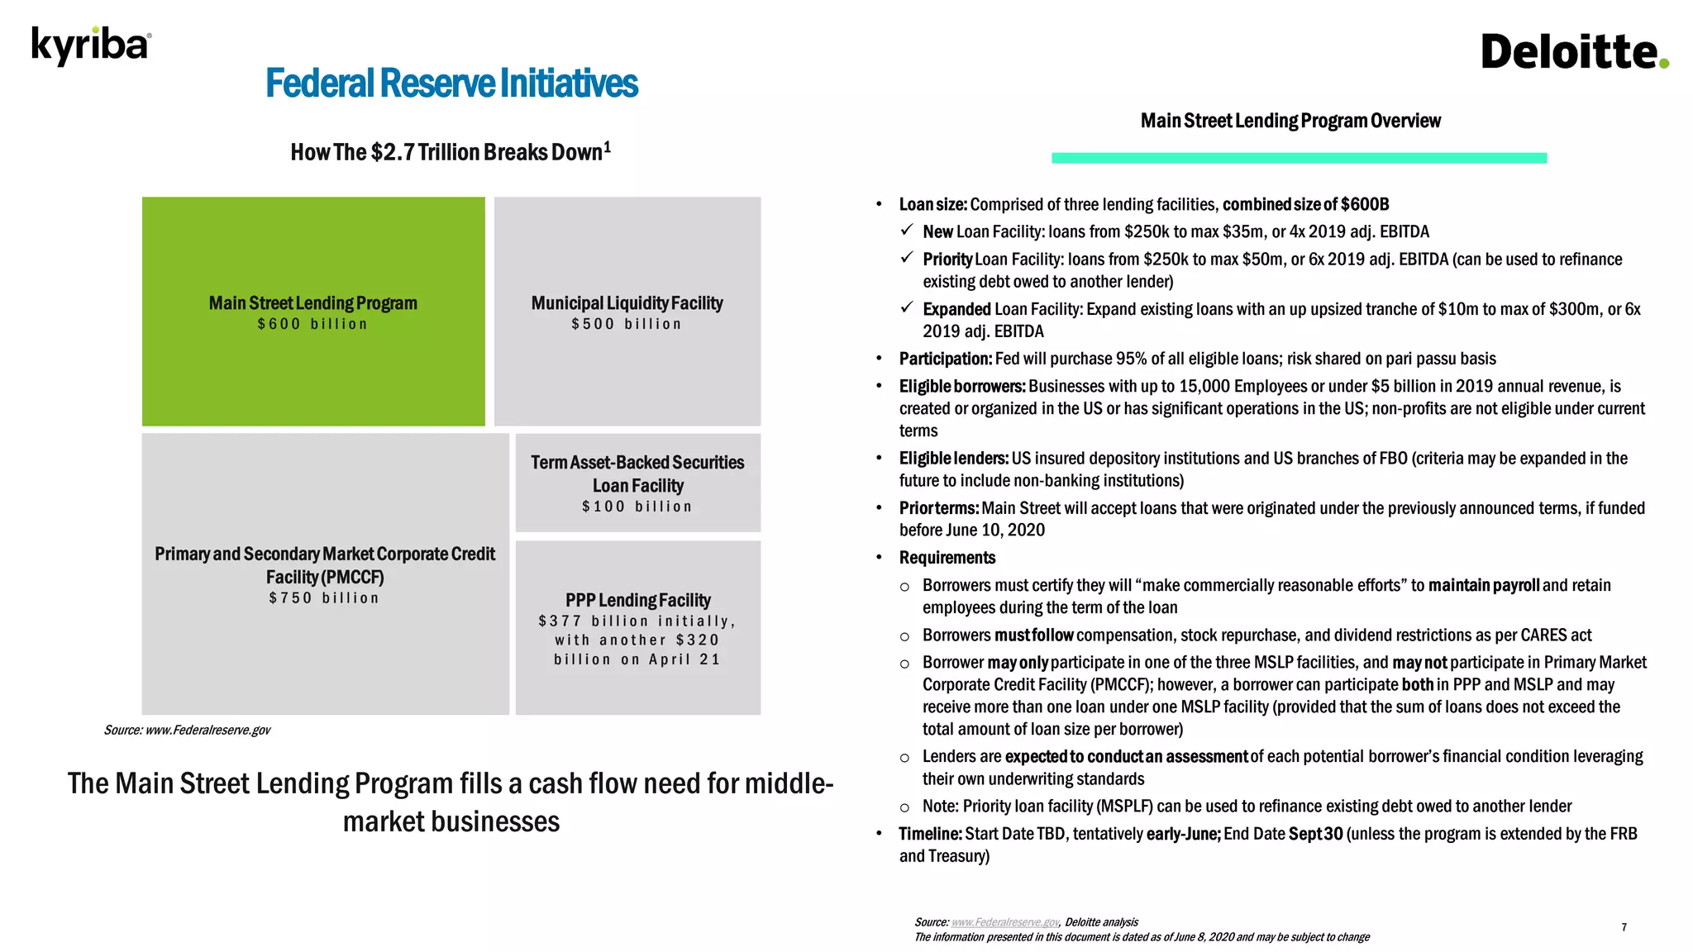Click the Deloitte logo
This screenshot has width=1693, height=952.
pos(1574,52)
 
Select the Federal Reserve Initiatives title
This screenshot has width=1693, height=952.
pos(451,83)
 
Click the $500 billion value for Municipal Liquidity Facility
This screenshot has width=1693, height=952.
pos(627,324)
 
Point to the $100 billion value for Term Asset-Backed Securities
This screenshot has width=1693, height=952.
pos(637,507)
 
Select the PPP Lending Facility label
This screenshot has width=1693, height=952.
pos(637,600)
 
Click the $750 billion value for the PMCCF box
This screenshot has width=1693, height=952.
pos(324,598)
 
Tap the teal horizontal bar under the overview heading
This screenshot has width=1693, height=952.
pos(1298,158)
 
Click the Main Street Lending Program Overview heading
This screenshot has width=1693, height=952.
pos(1290,121)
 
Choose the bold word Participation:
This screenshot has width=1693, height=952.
pos(945,359)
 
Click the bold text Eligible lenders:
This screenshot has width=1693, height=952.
pos(953,459)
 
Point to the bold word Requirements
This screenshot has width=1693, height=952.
pos(947,558)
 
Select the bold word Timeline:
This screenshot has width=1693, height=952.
pos(930,834)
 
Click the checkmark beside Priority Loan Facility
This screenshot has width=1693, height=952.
pos(907,258)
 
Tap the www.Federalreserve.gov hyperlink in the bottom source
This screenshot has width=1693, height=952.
pos(1005,922)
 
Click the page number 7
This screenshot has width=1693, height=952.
pos(1624,927)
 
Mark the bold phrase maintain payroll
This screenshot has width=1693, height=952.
pos(1484,586)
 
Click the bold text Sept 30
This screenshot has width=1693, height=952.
pos(1315,834)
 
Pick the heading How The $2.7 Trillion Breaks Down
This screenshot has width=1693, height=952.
pos(450,152)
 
